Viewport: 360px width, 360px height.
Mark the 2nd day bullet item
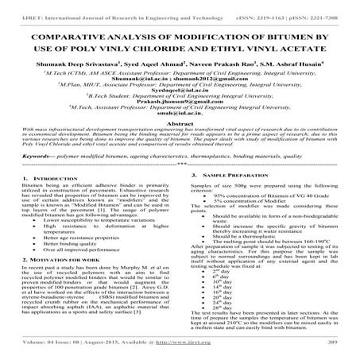223,270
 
